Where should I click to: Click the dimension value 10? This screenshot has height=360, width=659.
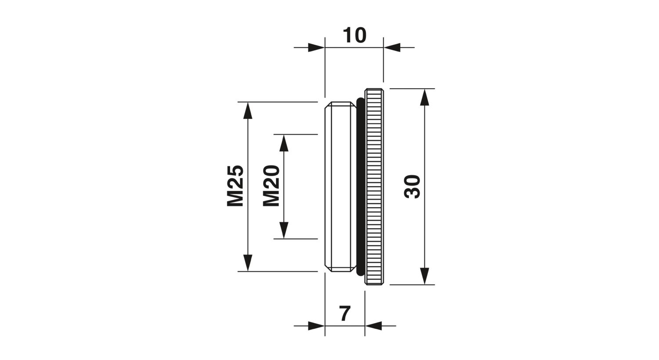point(355,35)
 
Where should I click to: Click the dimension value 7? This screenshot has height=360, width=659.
point(345,314)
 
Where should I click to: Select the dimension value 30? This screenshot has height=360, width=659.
point(413,187)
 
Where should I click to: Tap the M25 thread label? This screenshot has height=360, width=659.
point(235,186)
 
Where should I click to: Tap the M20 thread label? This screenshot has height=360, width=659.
point(272,186)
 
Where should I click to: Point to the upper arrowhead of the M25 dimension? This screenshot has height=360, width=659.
point(248,111)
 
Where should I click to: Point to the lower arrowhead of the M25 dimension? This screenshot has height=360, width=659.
point(248,263)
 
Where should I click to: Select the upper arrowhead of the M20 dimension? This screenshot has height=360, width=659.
point(284,143)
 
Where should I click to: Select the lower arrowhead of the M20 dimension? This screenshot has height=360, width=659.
point(284,230)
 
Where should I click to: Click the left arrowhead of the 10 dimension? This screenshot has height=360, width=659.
point(316,47)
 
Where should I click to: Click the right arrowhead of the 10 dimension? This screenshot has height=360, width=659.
point(392,47)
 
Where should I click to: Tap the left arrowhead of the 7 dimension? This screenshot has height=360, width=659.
point(316,326)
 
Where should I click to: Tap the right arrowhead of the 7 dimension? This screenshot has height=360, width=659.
point(373,326)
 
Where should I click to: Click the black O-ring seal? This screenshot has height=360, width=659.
point(360,187)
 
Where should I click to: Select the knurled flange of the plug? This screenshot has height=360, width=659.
point(375,187)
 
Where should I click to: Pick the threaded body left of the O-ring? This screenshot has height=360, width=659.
point(340,187)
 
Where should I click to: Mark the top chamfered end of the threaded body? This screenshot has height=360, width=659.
point(340,105)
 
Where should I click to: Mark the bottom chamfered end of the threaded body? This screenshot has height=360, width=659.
point(340,268)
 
